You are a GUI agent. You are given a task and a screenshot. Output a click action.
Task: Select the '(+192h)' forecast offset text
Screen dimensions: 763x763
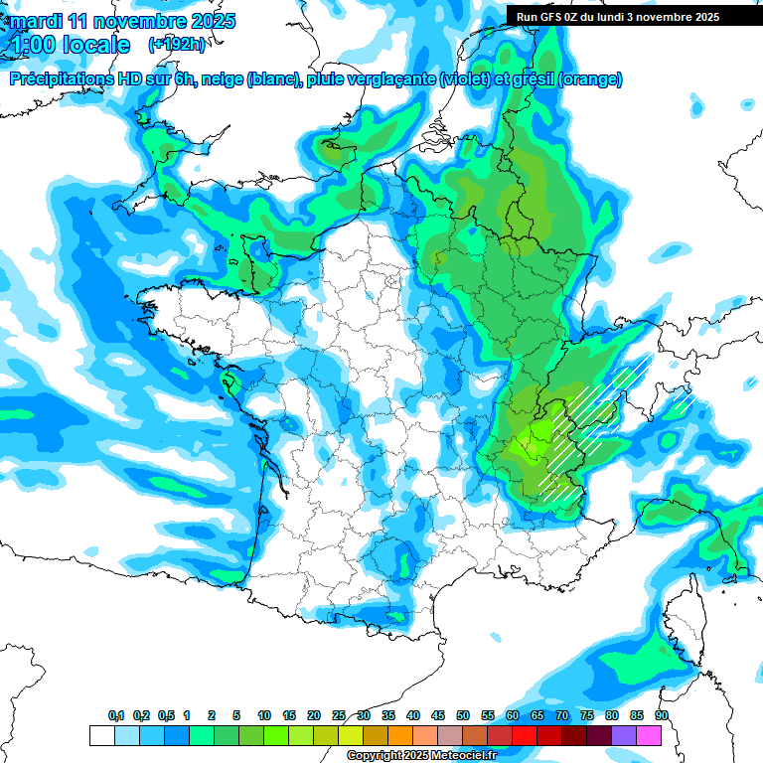(x=176, y=45)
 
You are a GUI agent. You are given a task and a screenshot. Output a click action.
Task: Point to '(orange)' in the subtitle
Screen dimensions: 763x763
(x=591, y=79)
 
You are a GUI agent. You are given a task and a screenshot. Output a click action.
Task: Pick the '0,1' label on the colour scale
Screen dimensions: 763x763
(x=116, y=716)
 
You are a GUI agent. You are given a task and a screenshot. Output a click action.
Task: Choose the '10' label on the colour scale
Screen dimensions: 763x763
(x=264, y=716)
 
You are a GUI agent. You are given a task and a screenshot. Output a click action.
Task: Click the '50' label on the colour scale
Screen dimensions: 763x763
(x=462, y=716)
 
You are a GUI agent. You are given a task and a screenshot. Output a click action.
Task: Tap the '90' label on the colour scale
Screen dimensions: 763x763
(x=661, y=716)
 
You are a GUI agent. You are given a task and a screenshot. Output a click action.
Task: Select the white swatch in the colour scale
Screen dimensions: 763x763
(x=101, y=736)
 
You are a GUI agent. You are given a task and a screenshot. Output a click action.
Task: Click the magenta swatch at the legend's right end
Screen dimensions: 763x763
(x=649, y=736)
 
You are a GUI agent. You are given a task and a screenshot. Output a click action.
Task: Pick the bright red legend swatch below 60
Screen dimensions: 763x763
(x=525, y=736)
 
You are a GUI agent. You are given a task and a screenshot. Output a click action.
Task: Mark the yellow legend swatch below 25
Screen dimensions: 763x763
(x=351, y=736)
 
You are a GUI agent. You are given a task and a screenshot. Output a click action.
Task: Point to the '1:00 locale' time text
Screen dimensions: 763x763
(x=70, y=45)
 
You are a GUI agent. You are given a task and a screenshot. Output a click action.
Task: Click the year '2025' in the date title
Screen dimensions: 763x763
(x=211, y=21)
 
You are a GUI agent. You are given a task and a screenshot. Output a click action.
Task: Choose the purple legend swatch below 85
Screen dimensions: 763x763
(x=624, y=736)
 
